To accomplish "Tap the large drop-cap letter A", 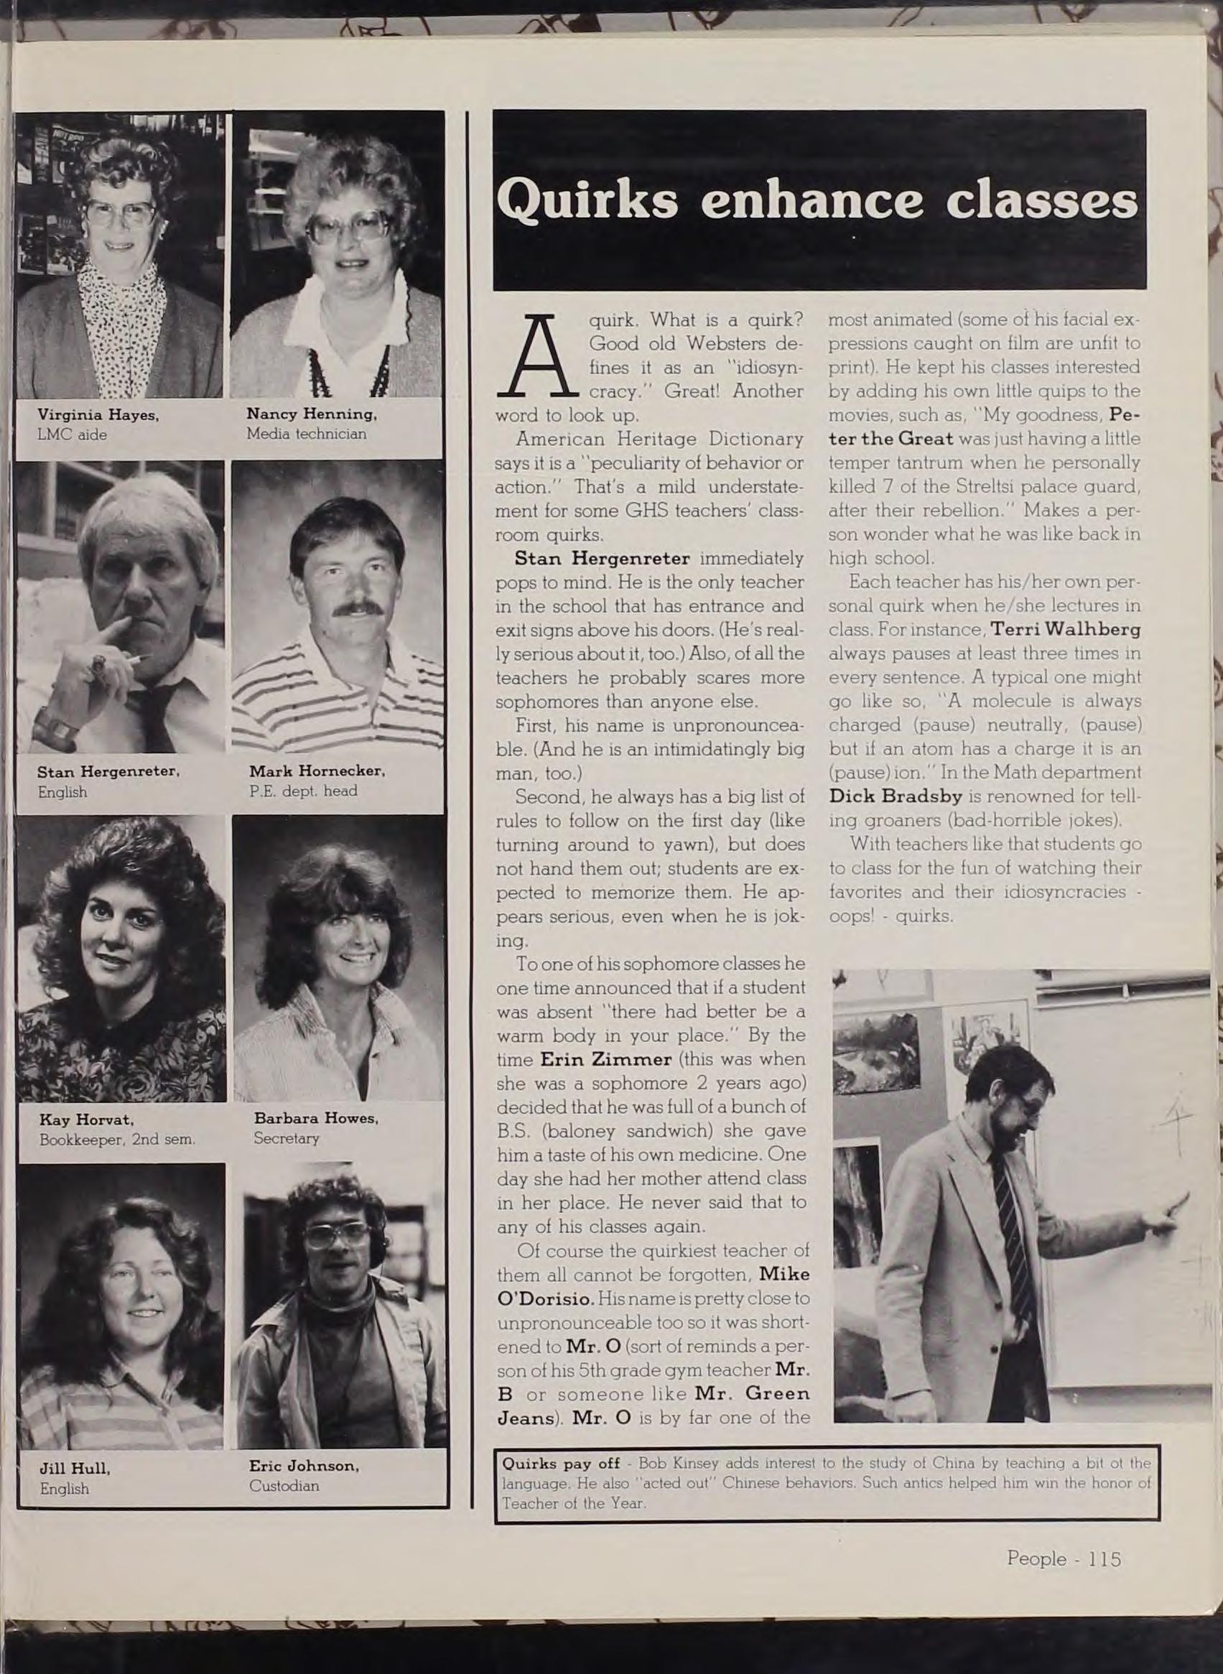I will click(x=549, y=357).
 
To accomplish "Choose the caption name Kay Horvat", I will click(x=85, y=1119).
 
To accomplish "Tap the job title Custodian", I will click(x=284, y=1464).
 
